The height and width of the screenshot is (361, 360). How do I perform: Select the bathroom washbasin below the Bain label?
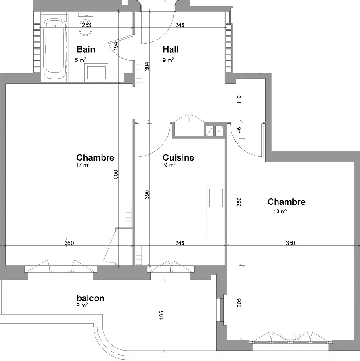[96, 72]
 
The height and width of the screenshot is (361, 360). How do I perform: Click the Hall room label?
[171, 49]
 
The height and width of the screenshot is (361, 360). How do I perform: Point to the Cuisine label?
[178, 158]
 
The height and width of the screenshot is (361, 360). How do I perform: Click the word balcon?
[90, 298]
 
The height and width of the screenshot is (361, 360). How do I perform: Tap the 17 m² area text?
[82, 165]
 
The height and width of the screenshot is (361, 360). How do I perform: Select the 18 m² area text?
[280, 211]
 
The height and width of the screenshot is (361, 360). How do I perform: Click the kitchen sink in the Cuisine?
[216, 198]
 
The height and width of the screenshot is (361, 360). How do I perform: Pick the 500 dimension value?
[116, 174]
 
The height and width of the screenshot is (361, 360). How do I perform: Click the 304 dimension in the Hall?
[147, 66]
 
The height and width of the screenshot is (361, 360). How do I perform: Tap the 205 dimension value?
[239, 303]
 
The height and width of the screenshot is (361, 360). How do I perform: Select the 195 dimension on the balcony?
[162, 315]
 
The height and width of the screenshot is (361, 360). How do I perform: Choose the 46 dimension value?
[239, 130]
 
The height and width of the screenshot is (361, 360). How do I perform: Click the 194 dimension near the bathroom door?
[115, 45]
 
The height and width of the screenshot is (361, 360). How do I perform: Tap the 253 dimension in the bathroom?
[87, 25]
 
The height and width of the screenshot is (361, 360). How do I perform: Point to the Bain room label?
[86, 49]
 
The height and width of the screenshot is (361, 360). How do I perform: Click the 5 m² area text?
[80, 60]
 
